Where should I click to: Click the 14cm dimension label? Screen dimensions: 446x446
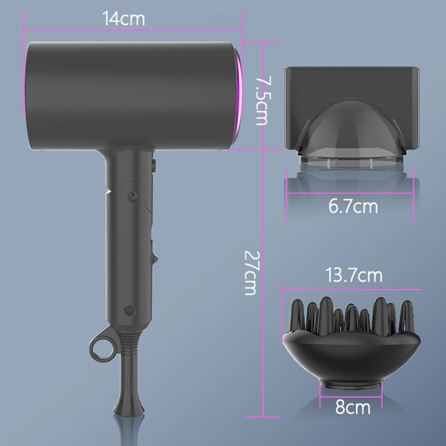123,18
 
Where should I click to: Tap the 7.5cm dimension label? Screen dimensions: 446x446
263,101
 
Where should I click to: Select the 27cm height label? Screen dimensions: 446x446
251,273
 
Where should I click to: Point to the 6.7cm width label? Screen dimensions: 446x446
353,206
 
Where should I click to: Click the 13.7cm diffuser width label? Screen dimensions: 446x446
353,275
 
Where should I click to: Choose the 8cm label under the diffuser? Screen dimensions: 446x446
353,407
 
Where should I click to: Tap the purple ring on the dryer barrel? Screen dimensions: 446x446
237,96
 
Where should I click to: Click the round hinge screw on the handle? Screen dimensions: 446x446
133,196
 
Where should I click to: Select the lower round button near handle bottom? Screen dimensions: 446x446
130,311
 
